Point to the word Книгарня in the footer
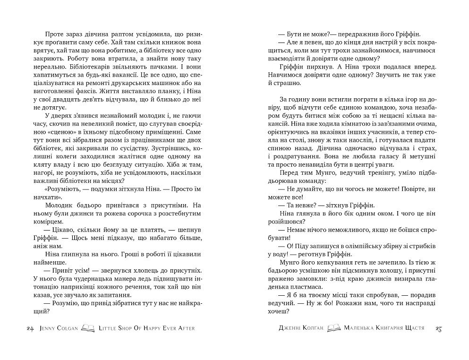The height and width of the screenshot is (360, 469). pos(384,328)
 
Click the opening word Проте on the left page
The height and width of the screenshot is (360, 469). pos(56,34)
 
